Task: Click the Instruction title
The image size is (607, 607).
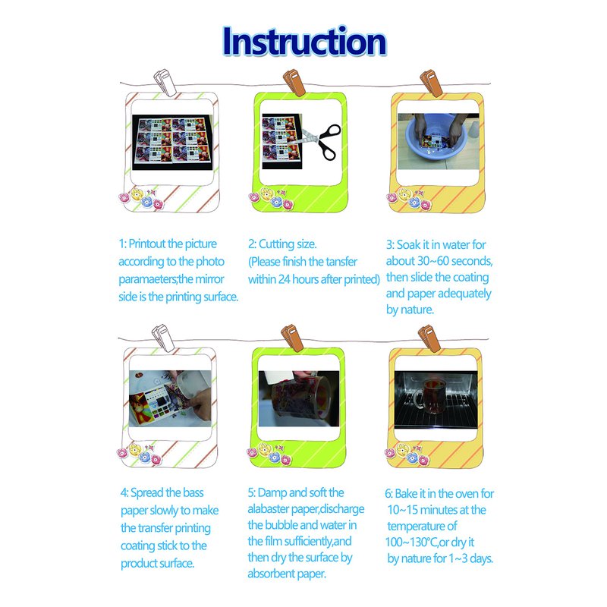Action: pos(304,42)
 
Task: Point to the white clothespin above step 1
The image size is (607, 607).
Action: pos(165,82)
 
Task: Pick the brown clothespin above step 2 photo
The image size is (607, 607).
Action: pos(294,82)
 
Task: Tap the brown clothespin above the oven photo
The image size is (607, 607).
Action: pos(429,338)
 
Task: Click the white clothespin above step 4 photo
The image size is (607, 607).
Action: pos(163,338)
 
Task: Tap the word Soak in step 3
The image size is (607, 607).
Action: pos(408,244)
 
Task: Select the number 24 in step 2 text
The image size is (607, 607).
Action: pos(284,279)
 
